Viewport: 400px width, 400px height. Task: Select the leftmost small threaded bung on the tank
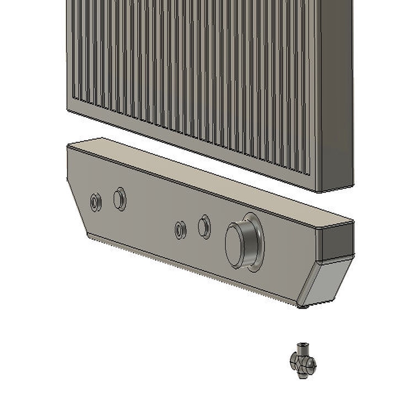[x=95, y=202]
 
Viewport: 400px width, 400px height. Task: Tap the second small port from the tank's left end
[x=120, y=199]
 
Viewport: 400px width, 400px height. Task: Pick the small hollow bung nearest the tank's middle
[x=180, y=230]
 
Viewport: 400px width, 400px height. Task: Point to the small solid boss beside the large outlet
[x=204, y=227]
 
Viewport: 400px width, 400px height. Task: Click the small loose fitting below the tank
[x=303, y=361]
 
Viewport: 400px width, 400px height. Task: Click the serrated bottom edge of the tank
[x=187, y=270]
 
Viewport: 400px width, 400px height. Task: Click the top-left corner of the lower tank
[x=68, y=146]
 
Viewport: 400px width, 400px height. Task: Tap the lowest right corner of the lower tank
[x=302, y=307]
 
